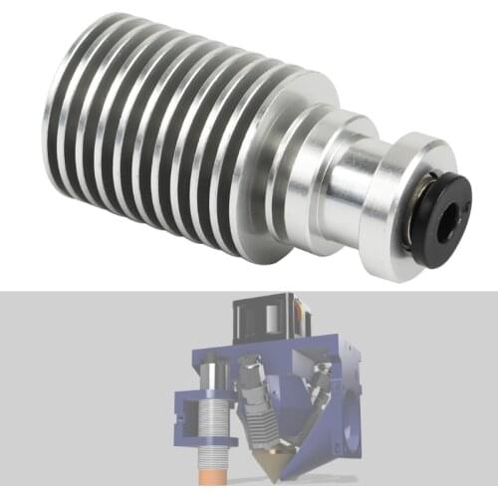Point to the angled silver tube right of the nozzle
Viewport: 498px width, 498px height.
click(321, 398)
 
